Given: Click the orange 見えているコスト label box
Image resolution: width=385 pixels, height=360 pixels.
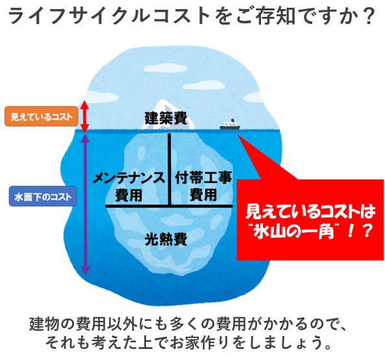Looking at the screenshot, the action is [x=42, y=117].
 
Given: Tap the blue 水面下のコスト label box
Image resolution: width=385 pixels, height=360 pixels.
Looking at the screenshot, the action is [x=43, y=197].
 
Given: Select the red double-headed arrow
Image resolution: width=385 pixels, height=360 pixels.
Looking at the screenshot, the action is [x=84, y=116].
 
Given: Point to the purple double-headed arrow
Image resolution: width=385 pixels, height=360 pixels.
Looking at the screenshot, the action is [x=85, y=203].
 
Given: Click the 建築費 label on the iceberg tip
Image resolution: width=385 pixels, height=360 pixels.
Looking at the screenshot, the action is [x=166, y=119].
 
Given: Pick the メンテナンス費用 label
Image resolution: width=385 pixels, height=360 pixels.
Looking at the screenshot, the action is [x=129, y=186].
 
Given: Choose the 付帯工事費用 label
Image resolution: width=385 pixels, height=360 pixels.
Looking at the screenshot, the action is [x=203, y=186].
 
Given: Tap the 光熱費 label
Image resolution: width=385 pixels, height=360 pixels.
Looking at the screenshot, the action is [x=166, y=239].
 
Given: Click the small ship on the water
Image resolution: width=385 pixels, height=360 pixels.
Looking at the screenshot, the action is [x=230, y=125].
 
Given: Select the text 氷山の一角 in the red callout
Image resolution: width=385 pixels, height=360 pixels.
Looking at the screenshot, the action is [x=293, y=232].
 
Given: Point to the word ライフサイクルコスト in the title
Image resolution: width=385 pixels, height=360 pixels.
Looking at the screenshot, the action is [x=107, y=16].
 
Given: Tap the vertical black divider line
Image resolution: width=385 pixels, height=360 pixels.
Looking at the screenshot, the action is [x=169, y=169].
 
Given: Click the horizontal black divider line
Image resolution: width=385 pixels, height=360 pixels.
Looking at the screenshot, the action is [x=169, y=206].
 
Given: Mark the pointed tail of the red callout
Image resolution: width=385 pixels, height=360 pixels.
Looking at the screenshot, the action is [x=239, y=135].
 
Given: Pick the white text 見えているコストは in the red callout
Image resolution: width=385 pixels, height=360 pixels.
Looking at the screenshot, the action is [x=310, y=211].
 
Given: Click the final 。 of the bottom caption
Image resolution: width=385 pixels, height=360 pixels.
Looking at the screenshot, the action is [x=327, y=346].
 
